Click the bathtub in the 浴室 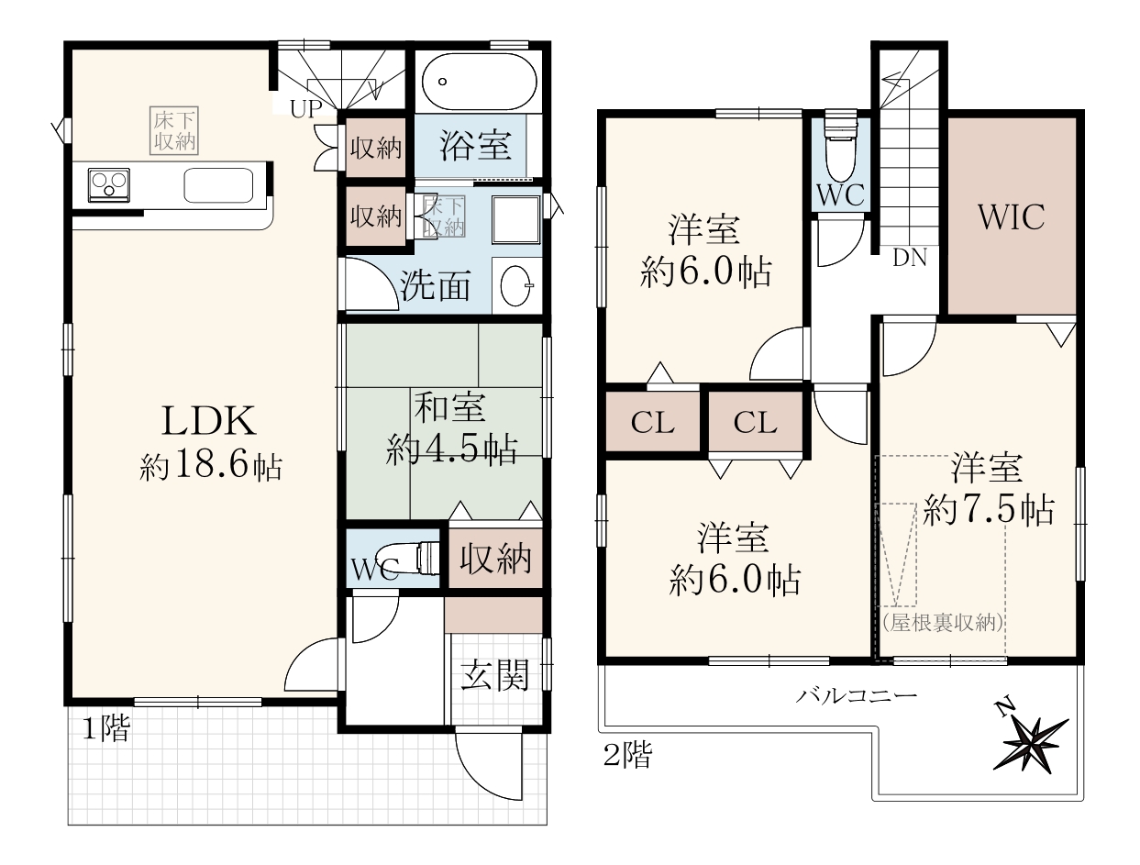[479, 81]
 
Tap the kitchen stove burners [108, 184]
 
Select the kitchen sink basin [218, 185]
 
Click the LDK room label [209, 421]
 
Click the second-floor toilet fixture [840, 150]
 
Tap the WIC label [1011, 216]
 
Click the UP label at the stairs [306, 108]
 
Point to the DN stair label [910, 258]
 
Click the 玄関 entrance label [494, 675]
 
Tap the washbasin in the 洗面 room [516, 285]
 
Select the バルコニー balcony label [857, 694]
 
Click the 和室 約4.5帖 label [451, 429]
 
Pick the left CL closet [652, 422]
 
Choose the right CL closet [755, 422]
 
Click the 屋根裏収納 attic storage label [942, 623]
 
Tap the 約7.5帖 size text [989, 510]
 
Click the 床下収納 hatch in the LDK [174, 130]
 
